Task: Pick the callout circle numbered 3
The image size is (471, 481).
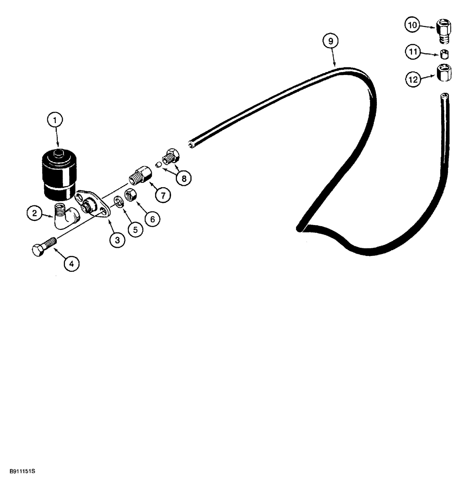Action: [x=117, y=240]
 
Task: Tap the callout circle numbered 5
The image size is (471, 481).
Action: [x=136, y=229]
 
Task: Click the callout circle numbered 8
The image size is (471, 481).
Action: [x=183, y=178]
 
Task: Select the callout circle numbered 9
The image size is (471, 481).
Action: [x=331, y=42]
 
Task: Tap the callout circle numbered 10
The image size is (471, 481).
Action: [x=412, y=25]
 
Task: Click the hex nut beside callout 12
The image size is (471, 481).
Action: [x=443, y=74]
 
